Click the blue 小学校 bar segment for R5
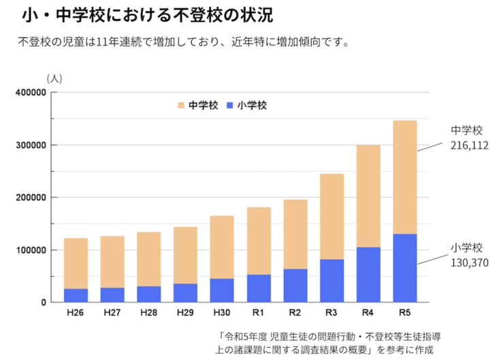tap(405, 268)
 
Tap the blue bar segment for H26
tap(76, 295)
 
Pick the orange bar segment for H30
tap(222, 247)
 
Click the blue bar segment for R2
tap(295, 285)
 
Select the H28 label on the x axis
tap(148, 313)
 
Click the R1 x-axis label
tap(258, 313)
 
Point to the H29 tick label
tap(185, 313)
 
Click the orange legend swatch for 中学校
tap(181, 105)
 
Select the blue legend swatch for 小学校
tap(230, 105)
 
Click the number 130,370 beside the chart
tap(469, 262)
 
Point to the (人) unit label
tap(54, 78)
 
